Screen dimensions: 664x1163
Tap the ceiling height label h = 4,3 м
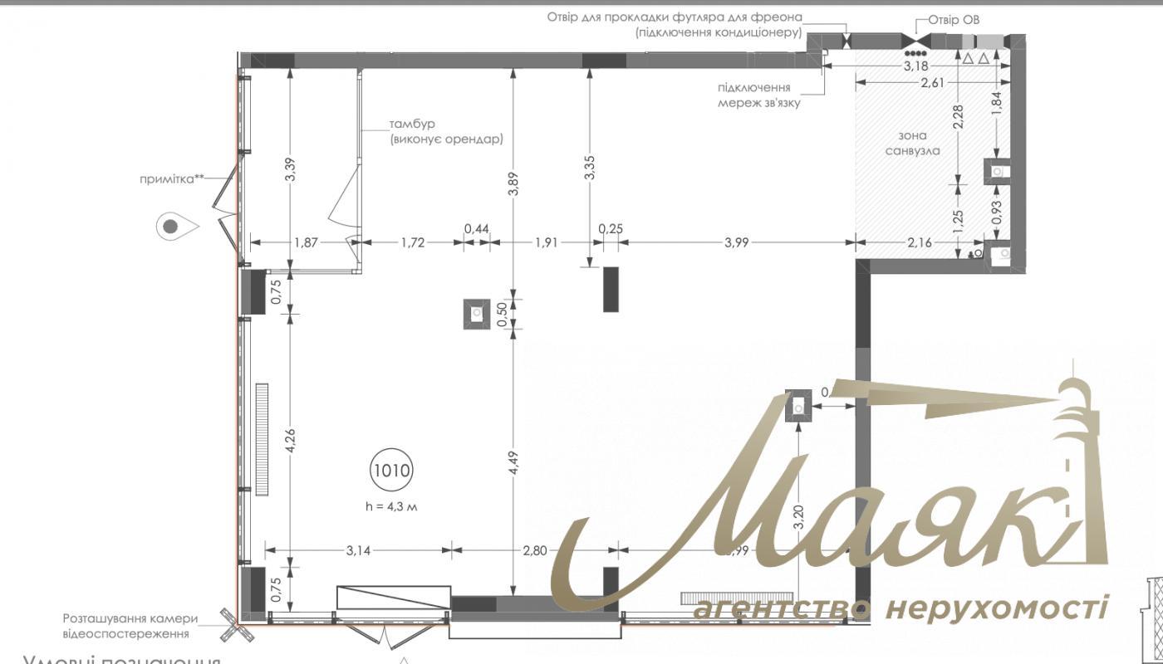point(391,506)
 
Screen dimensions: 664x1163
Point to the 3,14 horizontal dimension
point(357,549)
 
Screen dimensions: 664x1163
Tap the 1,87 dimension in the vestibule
point(307,242)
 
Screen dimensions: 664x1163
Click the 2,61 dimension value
point(933,82)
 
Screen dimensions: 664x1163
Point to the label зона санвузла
point(912,143)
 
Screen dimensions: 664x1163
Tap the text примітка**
point(172,177)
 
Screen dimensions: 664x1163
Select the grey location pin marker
point(171,225)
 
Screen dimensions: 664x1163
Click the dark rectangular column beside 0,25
point(612,289)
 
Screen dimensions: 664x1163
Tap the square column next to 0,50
point(477,314)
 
